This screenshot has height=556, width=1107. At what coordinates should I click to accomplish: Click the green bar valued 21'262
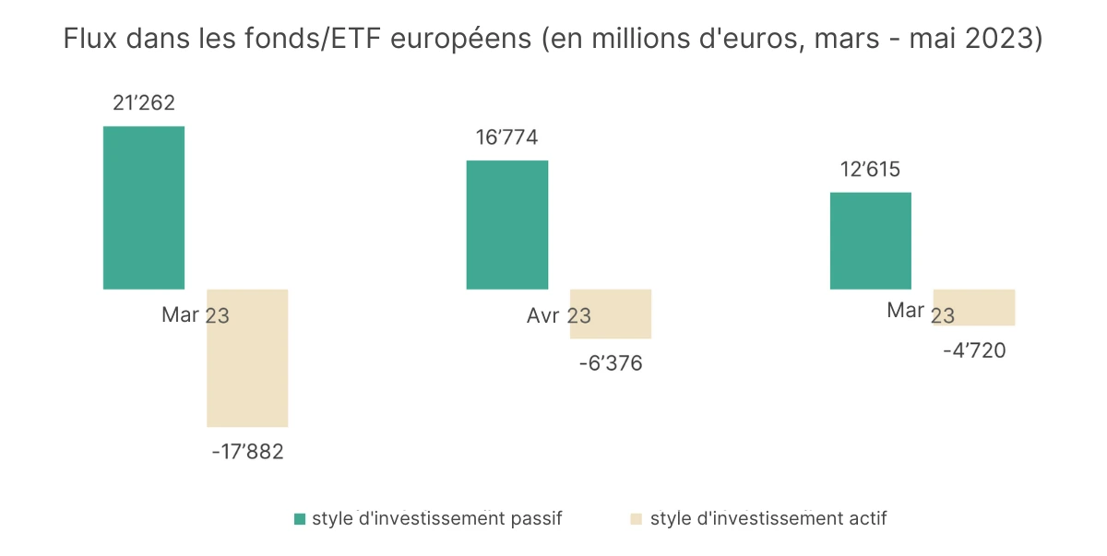tap(144, 207)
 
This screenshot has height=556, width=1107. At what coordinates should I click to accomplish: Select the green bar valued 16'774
tap(507, 225)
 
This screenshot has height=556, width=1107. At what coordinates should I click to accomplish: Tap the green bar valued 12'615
tap(871, 241)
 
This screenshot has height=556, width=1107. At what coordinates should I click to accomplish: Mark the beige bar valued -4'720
tap(974, 308)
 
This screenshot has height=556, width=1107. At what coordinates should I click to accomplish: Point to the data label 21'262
tap(144, 103)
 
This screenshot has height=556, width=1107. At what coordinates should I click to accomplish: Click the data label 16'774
tap(507, 138)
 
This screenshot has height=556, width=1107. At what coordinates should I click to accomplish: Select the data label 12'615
tap(870, 170)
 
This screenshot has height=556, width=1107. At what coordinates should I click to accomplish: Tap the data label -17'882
tap(247, 452)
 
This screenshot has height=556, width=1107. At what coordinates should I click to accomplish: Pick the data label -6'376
tap(611, 363)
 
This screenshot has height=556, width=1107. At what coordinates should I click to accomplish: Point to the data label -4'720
tap(974, 350)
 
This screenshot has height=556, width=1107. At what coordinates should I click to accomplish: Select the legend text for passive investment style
tap(436, 518)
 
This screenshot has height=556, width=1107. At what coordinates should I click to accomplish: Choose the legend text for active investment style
tap(768, 518)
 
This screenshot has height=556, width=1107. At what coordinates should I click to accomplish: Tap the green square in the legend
tap(300, 519)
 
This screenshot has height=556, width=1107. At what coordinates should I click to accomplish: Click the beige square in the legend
tap(636, 519)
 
